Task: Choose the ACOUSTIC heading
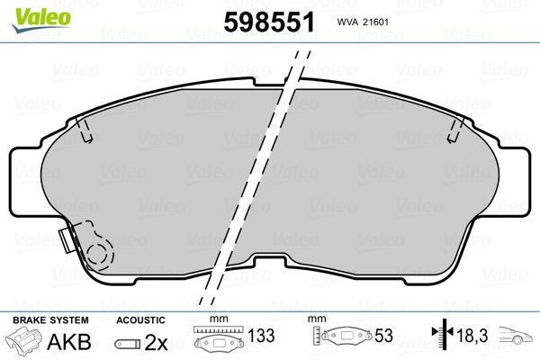tap(140, 319)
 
